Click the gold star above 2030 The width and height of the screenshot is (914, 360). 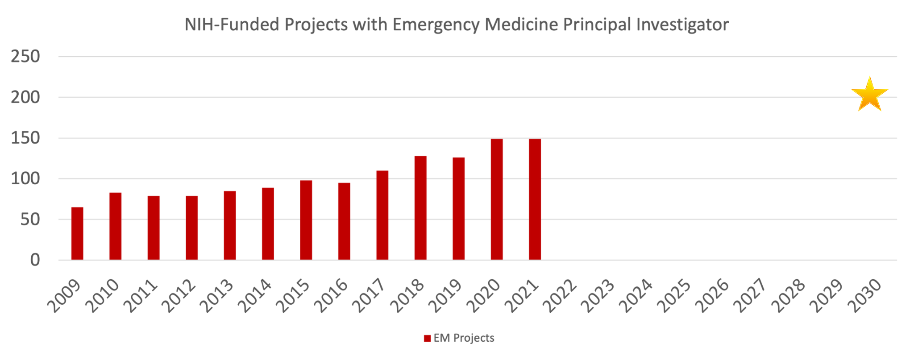[x=869, y=95]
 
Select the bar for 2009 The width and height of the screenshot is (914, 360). [x=77, y=233]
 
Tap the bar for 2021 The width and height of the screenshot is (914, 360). [x=535, y=199]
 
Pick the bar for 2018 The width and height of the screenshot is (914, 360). [x=420, y=208]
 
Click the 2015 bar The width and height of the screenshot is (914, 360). [x=306, y=220]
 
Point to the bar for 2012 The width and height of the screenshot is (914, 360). [x=192, y=228]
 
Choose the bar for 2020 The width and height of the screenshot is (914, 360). [x=497, y=199]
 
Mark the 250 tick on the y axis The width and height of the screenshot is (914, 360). [x=25, y=57]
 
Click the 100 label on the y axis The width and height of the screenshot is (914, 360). [x=25, y=179]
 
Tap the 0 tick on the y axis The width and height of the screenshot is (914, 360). [x=35, y=260]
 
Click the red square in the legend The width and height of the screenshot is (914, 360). [x=427, y=338]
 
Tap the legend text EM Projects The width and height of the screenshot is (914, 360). [x=464, y=338]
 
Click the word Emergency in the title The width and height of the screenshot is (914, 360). [x=436, y=25]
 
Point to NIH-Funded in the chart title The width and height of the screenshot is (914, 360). [x=233, y=25]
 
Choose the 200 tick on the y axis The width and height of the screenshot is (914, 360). [x=25, y=97]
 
